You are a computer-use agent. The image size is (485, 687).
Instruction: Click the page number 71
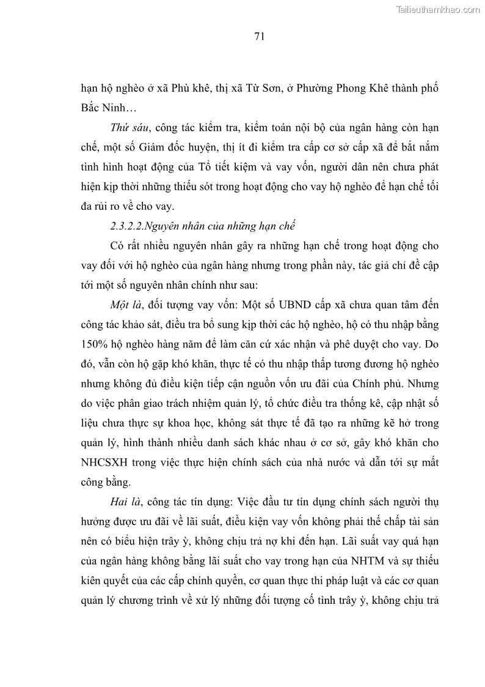point(258,37)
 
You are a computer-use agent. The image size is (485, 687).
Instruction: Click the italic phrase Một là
point(126,305)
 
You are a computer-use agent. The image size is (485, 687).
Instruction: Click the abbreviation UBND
point(286,305)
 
